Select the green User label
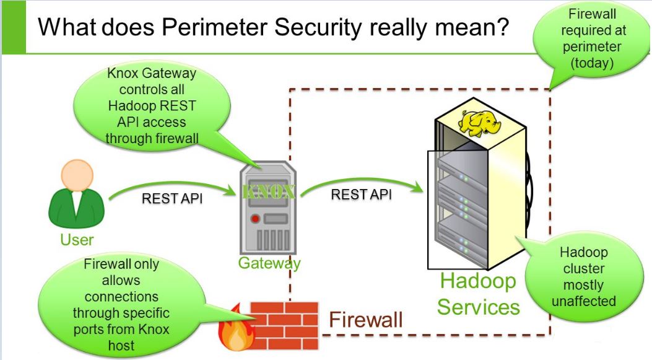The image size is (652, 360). [77, 239]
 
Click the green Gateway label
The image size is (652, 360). [269, 263]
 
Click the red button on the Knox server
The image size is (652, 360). [254, 219]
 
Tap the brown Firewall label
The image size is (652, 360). [365, 320]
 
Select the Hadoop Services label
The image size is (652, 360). [478, 294]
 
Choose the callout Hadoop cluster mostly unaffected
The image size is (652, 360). [583, 277]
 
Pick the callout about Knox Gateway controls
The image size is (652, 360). [152, 105]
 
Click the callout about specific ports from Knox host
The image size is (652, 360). [121, 304]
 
